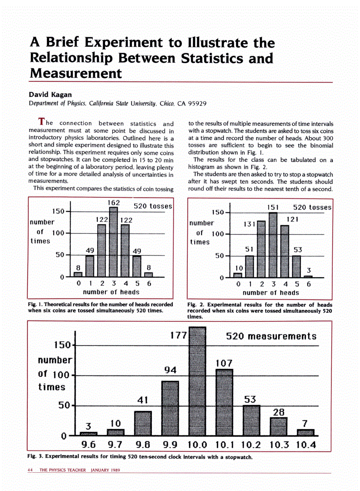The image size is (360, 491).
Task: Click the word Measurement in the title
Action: (76, 73)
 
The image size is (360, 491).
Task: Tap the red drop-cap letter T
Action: (42, 121)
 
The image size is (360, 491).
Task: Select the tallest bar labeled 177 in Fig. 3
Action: (197, 382)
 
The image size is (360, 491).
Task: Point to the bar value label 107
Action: (224, 363)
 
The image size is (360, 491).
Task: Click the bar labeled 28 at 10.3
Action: (278, 426)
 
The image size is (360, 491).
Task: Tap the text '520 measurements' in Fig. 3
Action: (271, 336)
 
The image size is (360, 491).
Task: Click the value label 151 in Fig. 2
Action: (273, 207)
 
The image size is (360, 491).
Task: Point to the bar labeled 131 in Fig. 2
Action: (261, 249)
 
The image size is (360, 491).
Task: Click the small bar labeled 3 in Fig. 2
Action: (308, 276)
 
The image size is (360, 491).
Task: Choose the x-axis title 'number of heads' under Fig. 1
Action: (111, 292)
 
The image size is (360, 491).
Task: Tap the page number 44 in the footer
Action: (31, 470)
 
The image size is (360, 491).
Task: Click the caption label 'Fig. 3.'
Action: (35, 456)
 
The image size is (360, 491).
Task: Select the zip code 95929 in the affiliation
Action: (197, 104)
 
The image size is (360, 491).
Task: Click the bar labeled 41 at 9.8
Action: (143, 423)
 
